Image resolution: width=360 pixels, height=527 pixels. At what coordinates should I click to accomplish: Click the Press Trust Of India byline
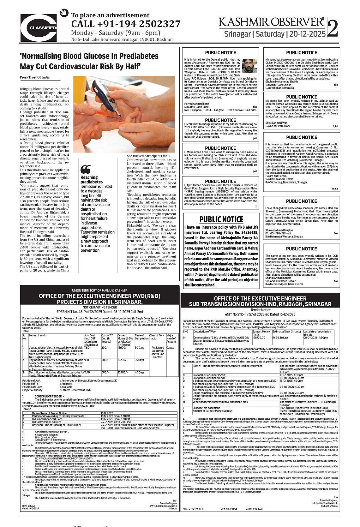click(35, 77)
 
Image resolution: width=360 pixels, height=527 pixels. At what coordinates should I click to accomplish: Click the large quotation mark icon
click(86, 169)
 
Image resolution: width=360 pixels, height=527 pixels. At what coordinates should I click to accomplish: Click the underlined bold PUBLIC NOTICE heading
click(221, 220)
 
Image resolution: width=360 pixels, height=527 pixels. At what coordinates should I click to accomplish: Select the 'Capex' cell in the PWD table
click(170, 348)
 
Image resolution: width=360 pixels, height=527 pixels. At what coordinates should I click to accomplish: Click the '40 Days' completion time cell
click(140, 373)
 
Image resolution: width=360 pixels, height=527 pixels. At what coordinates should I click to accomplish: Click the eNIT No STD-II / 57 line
click(260, 314)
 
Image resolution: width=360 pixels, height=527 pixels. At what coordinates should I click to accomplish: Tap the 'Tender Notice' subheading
click(260, 310)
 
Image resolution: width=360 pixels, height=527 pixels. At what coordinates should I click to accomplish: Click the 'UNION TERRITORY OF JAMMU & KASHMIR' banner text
click(100, 290)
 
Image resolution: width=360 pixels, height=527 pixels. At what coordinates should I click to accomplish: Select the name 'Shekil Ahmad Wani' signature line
click(277, 123)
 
